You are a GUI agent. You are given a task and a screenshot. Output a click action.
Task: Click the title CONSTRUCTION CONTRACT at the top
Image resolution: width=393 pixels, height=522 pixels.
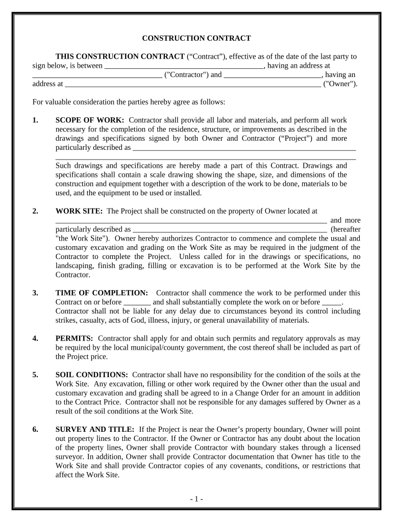tap(196, 38)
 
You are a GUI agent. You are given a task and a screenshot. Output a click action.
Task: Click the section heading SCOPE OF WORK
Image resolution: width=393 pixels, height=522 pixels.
tap(89, 120)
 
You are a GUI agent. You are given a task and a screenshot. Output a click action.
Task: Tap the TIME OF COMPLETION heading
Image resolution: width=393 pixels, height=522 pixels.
tap(102, 293)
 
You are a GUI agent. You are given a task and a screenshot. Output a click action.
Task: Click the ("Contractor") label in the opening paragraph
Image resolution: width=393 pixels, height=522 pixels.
tap(186, 75)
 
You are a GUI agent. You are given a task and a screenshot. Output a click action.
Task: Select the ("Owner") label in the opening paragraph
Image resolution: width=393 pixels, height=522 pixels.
tap(340, 84)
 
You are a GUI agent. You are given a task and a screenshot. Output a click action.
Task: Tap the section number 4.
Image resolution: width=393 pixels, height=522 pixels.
tap(35, 338)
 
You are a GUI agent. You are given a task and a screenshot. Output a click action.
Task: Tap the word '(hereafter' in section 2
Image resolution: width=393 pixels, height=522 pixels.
tap(346, 229)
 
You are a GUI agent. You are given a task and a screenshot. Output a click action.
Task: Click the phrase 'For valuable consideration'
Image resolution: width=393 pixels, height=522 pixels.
tap(75, 102)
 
